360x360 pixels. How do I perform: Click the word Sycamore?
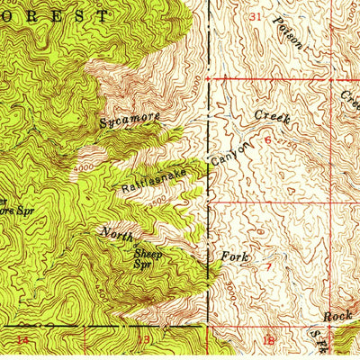[x=130, y=118]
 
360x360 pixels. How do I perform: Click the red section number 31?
[x=256, y=17]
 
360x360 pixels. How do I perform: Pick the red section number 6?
[x=267, y=140]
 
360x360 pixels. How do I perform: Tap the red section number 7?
[x=268, y=267]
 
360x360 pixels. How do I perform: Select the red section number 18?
[x=268, y=339]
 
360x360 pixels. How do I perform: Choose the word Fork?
[x=235, y=257]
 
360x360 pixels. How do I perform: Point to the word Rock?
[x=337, y=317]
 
